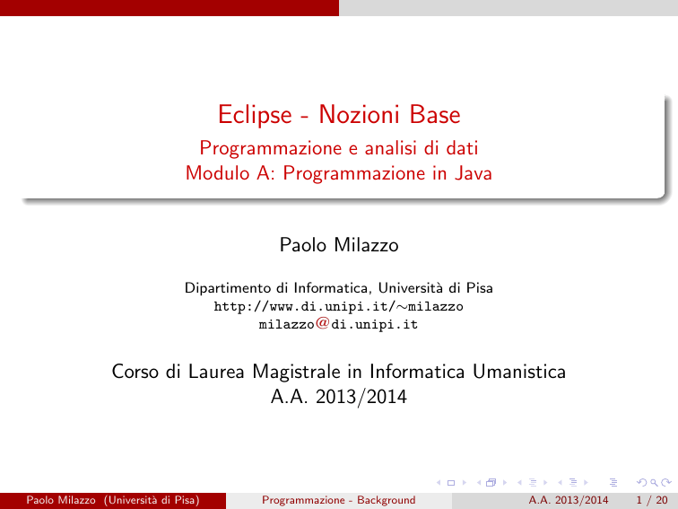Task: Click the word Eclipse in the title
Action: pos(255,115)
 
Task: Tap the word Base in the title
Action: pos(435,114)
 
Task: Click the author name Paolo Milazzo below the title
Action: pos(339,245)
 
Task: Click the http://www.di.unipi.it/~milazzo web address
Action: pos(339,306)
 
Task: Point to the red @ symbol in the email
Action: pos(323,323)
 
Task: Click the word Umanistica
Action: pos(519,372)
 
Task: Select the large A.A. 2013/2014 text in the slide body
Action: pos(339,397)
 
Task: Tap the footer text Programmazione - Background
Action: pos(339,500)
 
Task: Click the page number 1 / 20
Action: pos(652,500)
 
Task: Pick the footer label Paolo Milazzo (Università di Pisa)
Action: pos(113,500)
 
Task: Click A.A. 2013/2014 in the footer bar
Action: pos(569,500)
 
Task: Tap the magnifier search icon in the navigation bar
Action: pos(654,483)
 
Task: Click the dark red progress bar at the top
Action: pos(169,8)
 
